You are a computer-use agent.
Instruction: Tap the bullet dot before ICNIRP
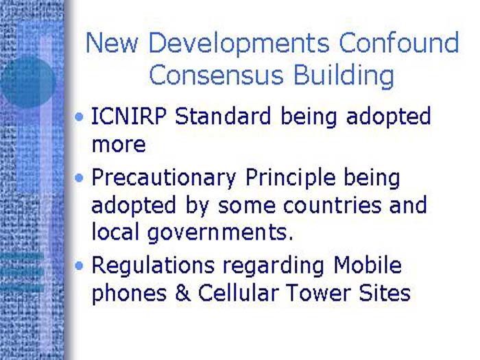[81, 117]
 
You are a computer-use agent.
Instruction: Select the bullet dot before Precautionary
[81, 178]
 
